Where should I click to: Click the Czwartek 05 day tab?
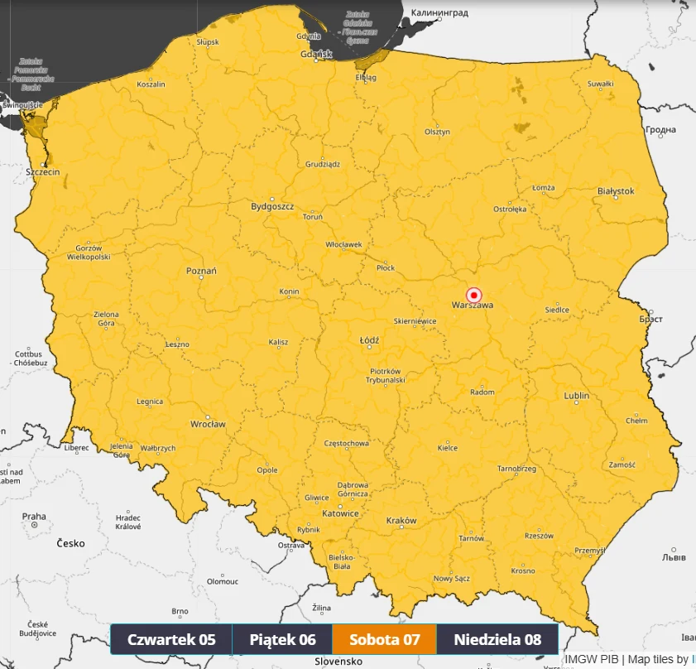[171, 639]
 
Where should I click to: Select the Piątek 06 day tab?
[282, 639]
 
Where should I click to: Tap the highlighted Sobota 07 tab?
[384, 639]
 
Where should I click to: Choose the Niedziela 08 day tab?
[497, 639]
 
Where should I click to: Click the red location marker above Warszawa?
[474, 294]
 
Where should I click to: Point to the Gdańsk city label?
[316, 54]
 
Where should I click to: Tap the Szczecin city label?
[43, 172]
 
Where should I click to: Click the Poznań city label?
[201, 271]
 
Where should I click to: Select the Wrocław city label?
[208, 424]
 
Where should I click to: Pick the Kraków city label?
[401, 521]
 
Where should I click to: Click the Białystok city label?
[616, 191]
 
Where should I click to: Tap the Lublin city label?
[577, 396]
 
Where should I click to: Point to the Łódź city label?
[369, 340]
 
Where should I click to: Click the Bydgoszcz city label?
[272, 206]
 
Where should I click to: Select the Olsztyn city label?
[437, 132]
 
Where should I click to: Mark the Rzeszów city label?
[539, 536]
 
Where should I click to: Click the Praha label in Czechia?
[34, 517]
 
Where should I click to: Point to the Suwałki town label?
[600, 84]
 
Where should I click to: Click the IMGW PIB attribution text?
[592, 660]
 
